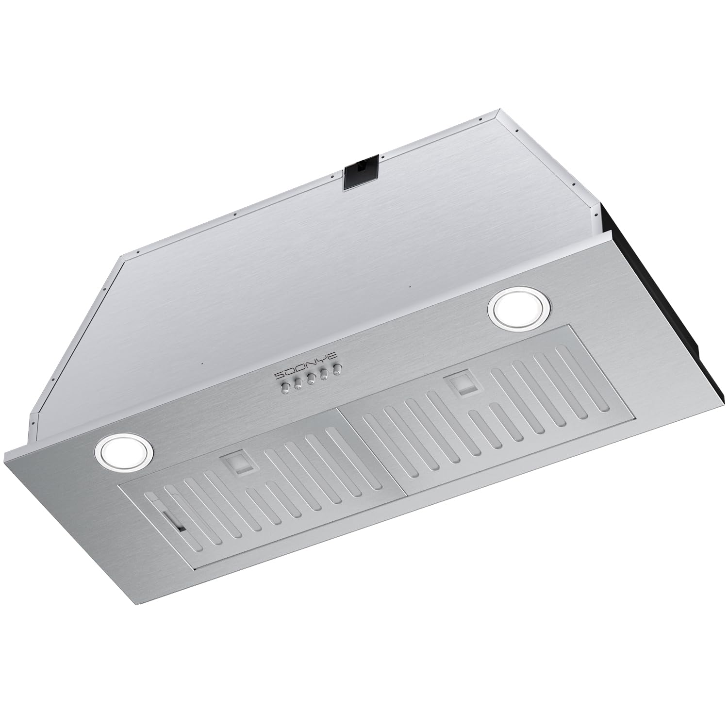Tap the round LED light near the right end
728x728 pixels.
pyautogui.click(x=520, y=309)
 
